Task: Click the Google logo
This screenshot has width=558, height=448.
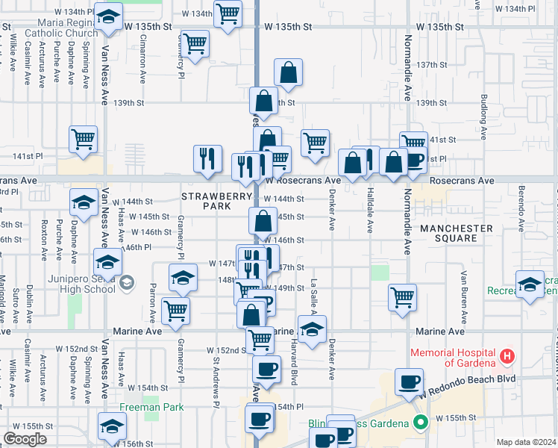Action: tap(25, 439)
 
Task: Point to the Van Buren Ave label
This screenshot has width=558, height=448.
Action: tap(463, 291)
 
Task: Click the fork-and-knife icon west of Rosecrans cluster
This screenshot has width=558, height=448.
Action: tap(207, 157)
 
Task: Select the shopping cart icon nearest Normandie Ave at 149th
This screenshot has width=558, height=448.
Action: tap(402, 296)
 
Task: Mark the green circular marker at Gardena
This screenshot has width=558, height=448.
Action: tap(420, 423)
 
